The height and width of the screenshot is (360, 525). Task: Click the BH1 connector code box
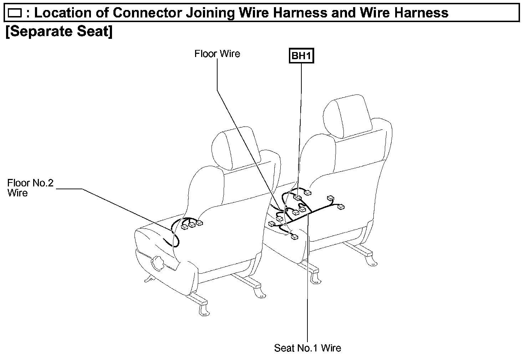click(301, 56)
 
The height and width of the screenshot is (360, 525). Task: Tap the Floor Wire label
click(217, 54)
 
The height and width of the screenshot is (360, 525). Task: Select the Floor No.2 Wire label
click(30, 188)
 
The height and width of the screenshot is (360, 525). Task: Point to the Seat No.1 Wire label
click(307, 348)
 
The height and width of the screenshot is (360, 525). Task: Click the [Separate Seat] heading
click(59, 32)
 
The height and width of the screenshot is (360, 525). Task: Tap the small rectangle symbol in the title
click(15, 14)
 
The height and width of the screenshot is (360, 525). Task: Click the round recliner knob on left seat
click(157, 263)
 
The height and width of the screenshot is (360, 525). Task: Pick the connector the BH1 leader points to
click(297, 197)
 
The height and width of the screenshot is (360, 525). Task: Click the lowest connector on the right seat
click(295, 237)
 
